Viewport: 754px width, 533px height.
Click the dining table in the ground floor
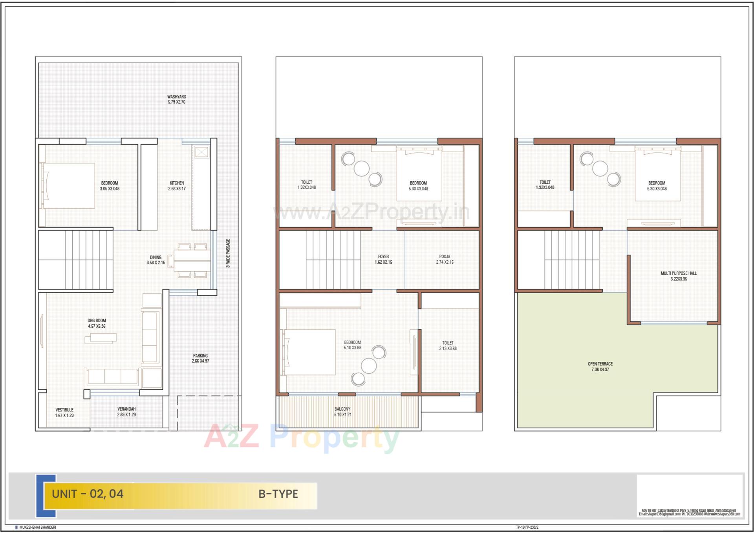pos(192,260)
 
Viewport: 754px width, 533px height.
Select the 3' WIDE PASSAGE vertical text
pos(228,253)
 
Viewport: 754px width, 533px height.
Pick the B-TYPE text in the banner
pos(278,494)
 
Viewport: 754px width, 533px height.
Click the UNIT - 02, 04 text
pos(88,494)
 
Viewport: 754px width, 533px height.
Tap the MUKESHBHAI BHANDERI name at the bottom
pos(38,528)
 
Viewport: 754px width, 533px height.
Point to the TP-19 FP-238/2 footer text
pos(527,528)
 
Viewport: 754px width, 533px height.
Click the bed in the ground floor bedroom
pos(69,186)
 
